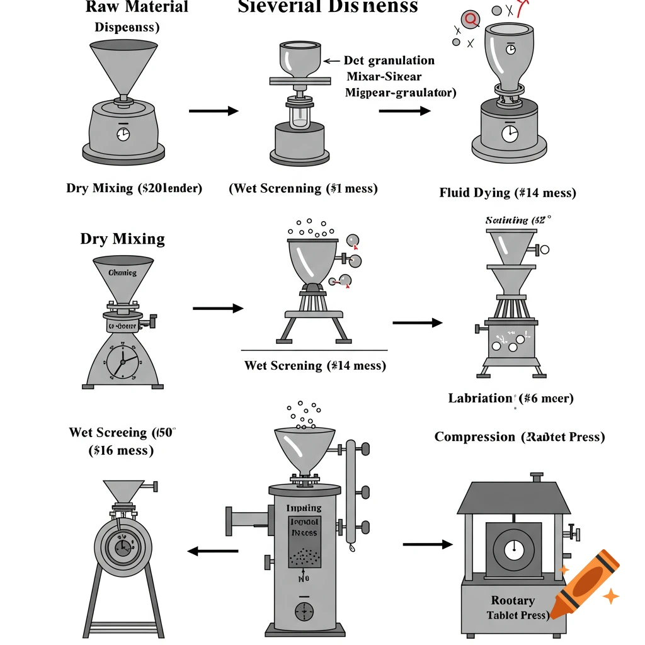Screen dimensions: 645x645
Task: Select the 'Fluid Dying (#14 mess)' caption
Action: pyautogui.click(x=507, y=193)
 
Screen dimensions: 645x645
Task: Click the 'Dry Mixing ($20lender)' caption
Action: pyautogui.click(x=134, y=188)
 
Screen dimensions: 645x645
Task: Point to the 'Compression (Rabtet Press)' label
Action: pyautogui.click(x=520, y=437)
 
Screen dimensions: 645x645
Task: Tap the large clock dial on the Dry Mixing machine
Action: pyautogui.click(x=122, y=362)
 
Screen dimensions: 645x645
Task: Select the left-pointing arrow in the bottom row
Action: pyautogui.click(x=213, y=551)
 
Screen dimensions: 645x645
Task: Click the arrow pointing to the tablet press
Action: pyautogui.click(x=427, y=544)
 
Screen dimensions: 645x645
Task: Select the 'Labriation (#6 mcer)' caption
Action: pyautogui.click(x=510, y=398)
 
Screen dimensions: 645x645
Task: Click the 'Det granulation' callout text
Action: pyautogui.click(x=389, y=60)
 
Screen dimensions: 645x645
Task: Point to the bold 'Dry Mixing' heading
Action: pyautogui.click(x=122, y=239)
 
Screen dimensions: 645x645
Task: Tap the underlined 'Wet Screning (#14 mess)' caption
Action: pyautogui.click(x=314, y=365)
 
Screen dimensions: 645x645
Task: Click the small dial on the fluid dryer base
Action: pyautogui.click(x=510, y=133)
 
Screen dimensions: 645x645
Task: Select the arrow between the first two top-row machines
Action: pyautogui.click(x=214, y=111)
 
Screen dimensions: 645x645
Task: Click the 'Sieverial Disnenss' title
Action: pyautogui.click(x=328, y=8)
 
